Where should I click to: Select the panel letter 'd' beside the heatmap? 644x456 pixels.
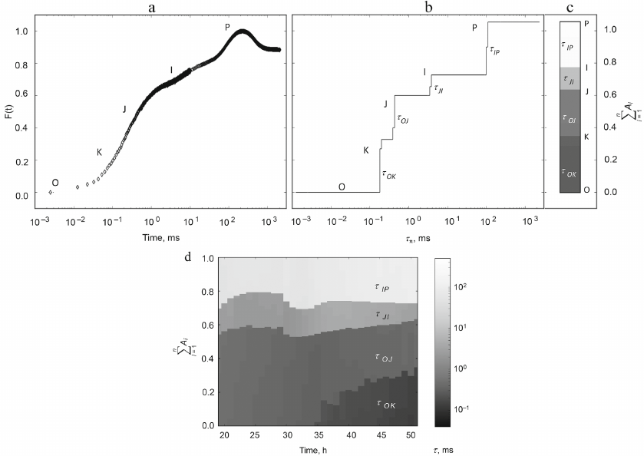188,255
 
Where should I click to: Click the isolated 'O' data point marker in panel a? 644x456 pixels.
51,192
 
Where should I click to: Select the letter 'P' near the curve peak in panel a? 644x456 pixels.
227,28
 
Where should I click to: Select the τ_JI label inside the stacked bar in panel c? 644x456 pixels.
569,78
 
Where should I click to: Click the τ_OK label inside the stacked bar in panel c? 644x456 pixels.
569,172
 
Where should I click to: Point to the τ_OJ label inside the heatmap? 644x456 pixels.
381,358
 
